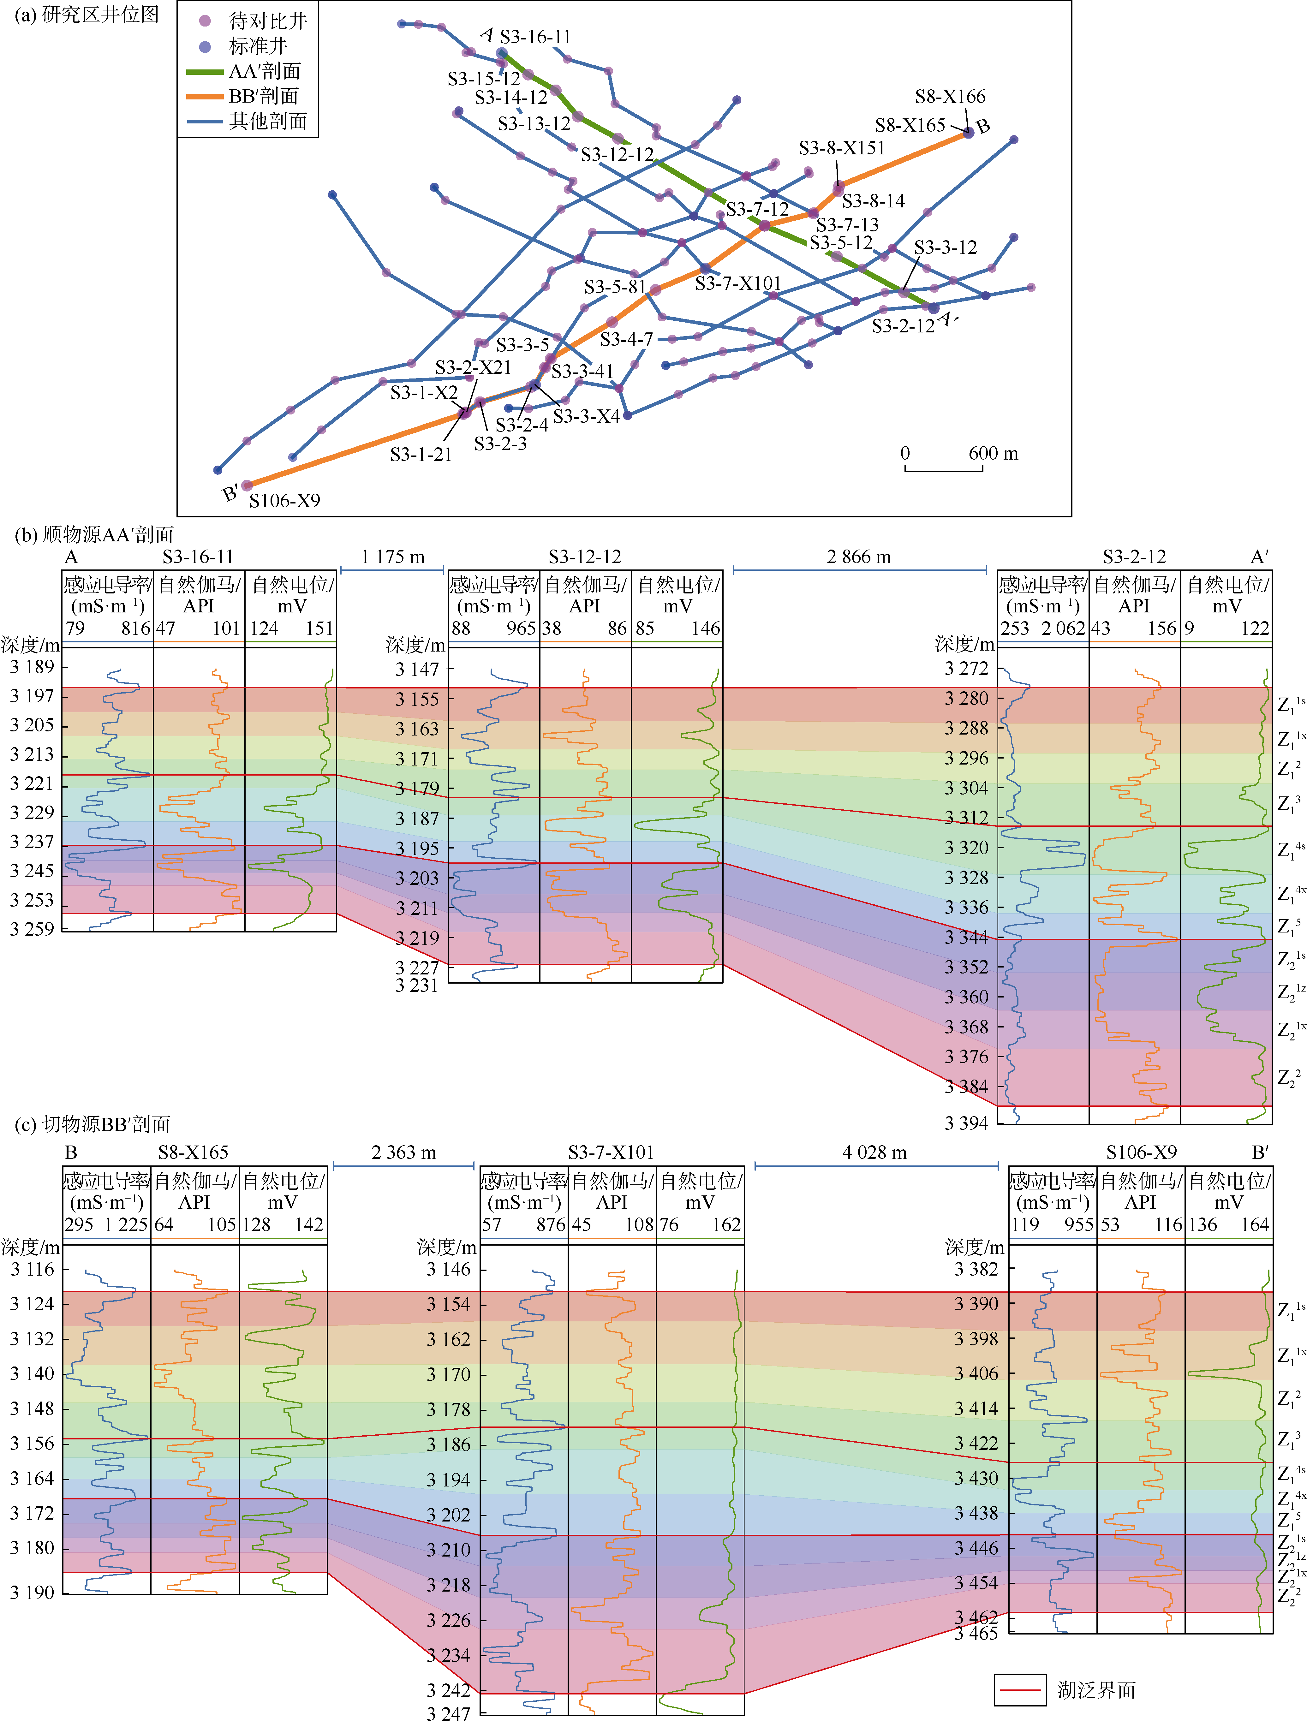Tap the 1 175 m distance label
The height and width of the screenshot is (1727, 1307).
(x=393, y=557)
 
